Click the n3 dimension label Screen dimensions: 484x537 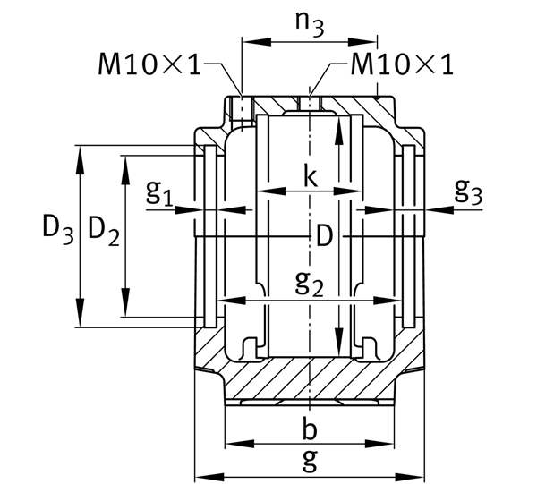tap(310, 24)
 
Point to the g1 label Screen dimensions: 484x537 tap(159, 192)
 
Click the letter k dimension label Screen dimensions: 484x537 tap(310, 175)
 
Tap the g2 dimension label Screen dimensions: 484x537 tap(310, 284)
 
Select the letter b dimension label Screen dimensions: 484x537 tap(310, 429)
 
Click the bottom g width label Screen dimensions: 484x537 tap(310, 461)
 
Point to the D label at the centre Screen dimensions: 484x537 tap(324, 236)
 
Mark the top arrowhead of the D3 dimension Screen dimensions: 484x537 tap(80, 152)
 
